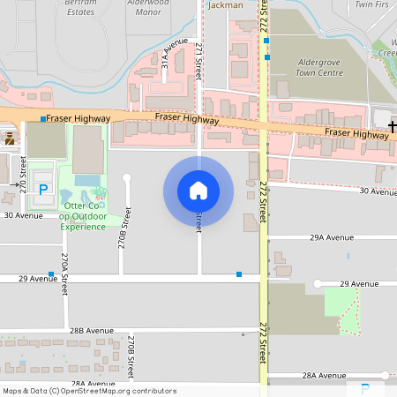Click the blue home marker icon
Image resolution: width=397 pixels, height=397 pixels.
pos(198,191)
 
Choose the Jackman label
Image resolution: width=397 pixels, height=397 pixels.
pos(225,5)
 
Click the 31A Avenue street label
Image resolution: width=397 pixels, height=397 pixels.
pos(175,53)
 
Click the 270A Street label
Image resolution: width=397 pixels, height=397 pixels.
pos(64,269)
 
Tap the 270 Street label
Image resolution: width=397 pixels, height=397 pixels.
pos(24,174)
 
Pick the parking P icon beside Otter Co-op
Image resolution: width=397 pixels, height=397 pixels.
pos(42,189)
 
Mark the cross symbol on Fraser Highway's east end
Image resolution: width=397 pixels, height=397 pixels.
pos(392,129)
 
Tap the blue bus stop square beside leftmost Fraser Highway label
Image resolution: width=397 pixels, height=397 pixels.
pos(42,118)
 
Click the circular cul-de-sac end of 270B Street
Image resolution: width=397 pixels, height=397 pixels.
pos(126,178)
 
